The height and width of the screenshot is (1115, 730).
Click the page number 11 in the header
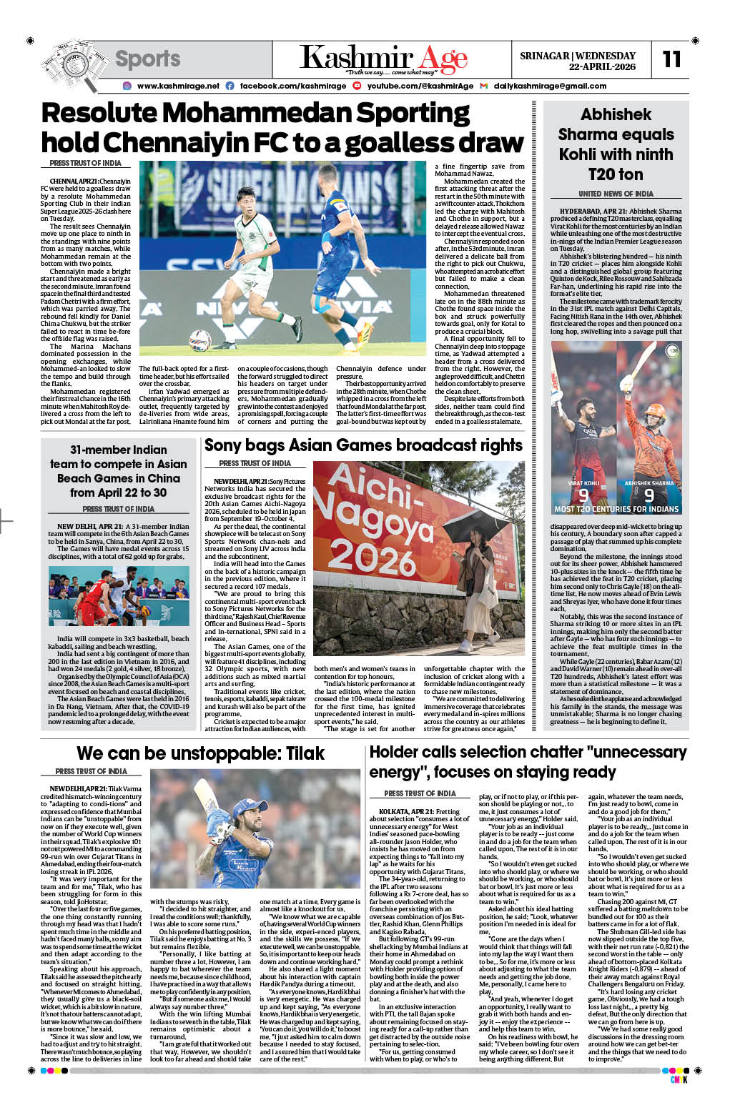[x=671, y=59]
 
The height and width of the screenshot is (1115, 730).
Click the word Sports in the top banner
[x=148, y=59]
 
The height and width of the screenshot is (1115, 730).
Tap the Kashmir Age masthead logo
[x=383, y=58]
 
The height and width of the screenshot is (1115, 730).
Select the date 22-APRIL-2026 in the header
[x=602, y=66]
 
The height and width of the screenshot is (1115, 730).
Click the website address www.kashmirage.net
[x=178, y=86]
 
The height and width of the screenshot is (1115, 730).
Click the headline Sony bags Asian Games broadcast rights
[x=363, y=445]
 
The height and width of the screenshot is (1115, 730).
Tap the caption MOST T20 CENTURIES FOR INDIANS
[x=616, y=509]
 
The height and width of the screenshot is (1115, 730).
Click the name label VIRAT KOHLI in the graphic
[x=583, y=483]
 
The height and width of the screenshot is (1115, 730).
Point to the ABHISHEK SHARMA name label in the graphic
[x=648, y=483]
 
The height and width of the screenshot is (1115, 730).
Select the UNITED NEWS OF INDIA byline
[x=616, y=194]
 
